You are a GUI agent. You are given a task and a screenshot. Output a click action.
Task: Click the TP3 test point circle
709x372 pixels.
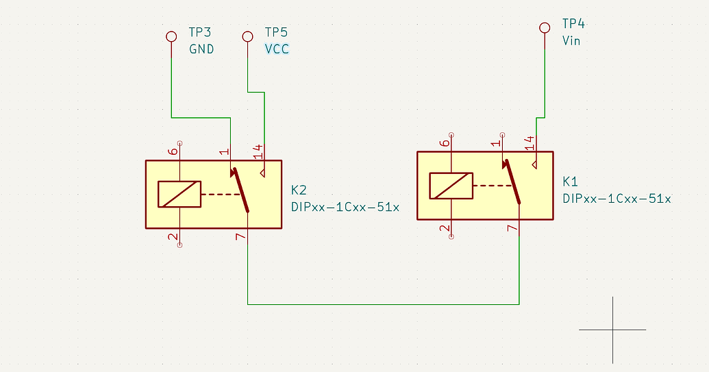pyautogui.click(x=171, y=36)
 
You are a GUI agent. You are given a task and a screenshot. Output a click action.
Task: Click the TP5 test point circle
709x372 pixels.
pyautogui.click(x=248, y=36)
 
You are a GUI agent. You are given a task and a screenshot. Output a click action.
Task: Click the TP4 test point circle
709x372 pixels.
pyautogui.click(x=545, y=27)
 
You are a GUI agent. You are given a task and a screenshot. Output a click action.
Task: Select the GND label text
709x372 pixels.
pyautogui.click(x=201, y=49)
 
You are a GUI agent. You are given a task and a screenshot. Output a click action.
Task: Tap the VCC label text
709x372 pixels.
pyautogui.click(x=277, y=49)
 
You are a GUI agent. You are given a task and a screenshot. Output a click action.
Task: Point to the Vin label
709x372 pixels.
pyautogui.click(x=572, y=41)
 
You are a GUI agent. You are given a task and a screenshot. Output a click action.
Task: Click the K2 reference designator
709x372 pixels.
pyautogui.click(x=299, y=190)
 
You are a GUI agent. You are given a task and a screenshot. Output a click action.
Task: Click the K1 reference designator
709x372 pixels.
pyautogui.click(x=570, y=182)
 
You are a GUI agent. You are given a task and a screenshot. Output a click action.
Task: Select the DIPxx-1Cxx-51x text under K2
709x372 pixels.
pyautogui.click(x=345, y=207)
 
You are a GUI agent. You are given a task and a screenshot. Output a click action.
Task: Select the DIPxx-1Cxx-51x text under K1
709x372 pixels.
pyautogui.click(x=617, y=199)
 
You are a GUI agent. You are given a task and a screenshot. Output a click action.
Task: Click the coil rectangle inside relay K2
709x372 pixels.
pyautogui.click(x=179, y=194)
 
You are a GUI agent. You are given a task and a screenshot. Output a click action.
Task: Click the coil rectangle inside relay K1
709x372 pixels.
pyautogui.click(x=451, y=186)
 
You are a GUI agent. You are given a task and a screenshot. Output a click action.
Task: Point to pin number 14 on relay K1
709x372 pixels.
pyautogui.click(x=529, y=142)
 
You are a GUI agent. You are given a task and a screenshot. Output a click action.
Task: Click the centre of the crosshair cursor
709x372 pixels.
pyautogui.click(x=612, y=330)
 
